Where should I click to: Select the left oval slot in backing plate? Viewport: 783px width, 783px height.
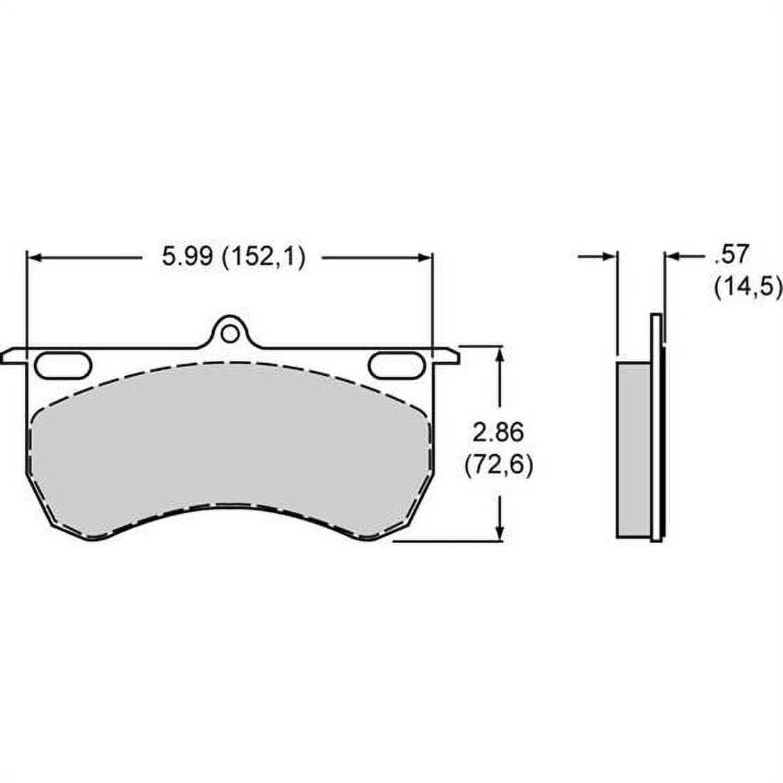pos(63,364)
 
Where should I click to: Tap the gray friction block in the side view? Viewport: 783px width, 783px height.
pos(634,448)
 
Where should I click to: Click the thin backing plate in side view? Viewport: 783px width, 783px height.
pos(656,427)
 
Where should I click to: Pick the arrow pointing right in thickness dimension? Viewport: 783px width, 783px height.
pos(608,256)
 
